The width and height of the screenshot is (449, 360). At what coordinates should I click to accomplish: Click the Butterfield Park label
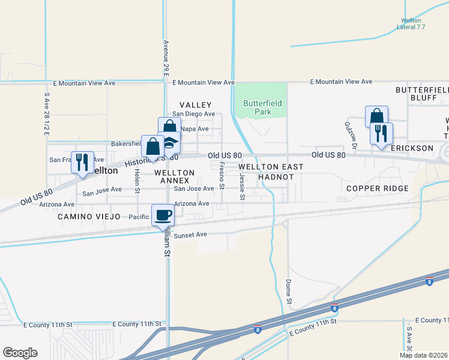click(x=262, y=107)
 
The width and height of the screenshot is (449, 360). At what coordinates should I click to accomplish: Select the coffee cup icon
click(x=163, y=215)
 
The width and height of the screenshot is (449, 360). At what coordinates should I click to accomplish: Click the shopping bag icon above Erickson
click(x=376, y=116)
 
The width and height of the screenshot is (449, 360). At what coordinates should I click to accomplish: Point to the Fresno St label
click(x=221, y=175)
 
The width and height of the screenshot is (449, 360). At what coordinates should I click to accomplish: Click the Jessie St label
click(x=243, y=186)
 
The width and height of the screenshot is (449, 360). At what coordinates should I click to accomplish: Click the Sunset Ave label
click(x=190, y=235)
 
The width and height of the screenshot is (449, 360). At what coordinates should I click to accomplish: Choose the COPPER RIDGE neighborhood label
click(x=378, y=188)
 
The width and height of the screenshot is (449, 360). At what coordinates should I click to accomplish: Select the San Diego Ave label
click(x=193, y=114)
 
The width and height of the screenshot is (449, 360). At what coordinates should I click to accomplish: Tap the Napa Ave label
click(x=194, y=129)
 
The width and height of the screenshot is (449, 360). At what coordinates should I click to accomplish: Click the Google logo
click(x=20, y=353)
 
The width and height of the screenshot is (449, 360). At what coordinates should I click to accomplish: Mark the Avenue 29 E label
click(x=165, y=57)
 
